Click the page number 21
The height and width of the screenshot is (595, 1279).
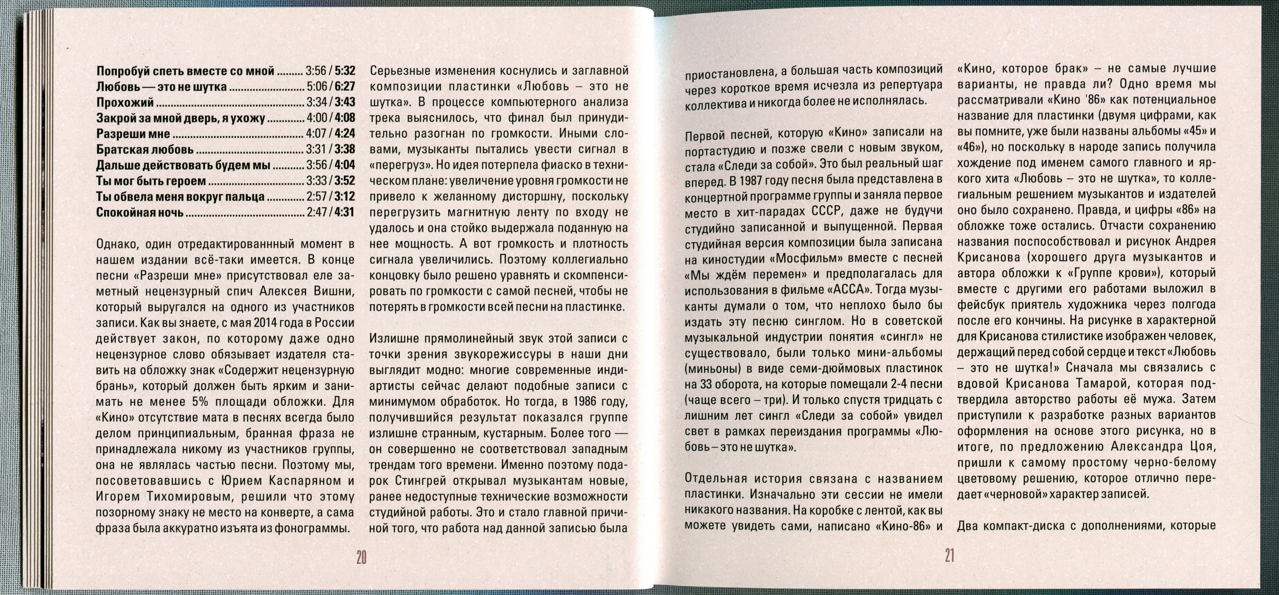click(949, 555)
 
